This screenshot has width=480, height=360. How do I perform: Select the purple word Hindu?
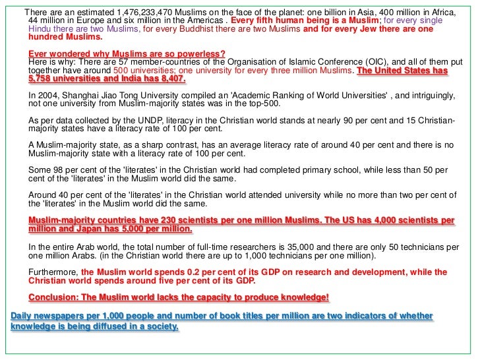coord(42,30)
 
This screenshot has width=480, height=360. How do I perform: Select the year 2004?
coord(51,96)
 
